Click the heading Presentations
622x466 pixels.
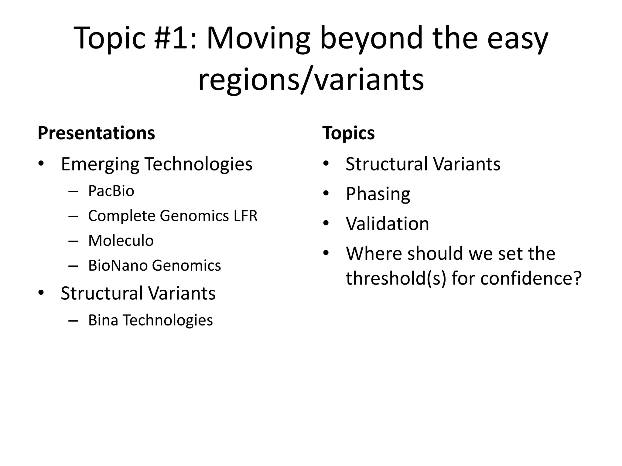pos(96,133)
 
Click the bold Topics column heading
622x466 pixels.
pos(348,133)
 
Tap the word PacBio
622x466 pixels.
pos(111,191)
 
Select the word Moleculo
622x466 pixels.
pos(121,241)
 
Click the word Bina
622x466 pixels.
pos(103,320)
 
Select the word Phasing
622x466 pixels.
pos(378,194)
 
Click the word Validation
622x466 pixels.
pos(387,224)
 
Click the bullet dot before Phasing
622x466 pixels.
pos(326,193)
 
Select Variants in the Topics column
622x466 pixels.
pos(467,164)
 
